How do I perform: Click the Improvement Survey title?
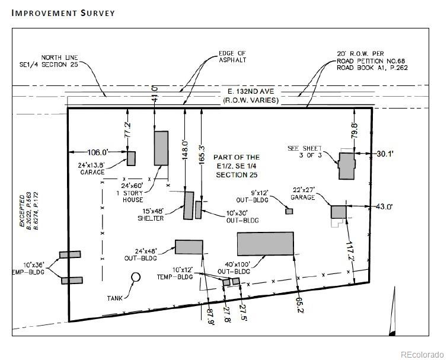(x=62, y=13)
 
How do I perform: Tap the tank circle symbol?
(x=136, y=276)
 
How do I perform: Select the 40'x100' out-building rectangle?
(x=266, y=244)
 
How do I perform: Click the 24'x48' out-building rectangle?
(x=189, y=247)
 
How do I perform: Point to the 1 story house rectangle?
(x=161, y=148)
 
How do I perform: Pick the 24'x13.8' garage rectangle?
(x=131, y=158)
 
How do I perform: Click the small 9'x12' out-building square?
(x=289, y=211)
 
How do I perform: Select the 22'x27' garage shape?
(x=338, y=213)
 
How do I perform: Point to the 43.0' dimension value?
(x=385, y=206)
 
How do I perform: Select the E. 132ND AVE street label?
(x=250, y=92)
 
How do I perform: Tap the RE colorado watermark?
(x=421, y=354)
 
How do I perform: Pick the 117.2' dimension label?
(x=351, y=251)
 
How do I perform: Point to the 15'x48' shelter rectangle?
(x=189, y=205)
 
